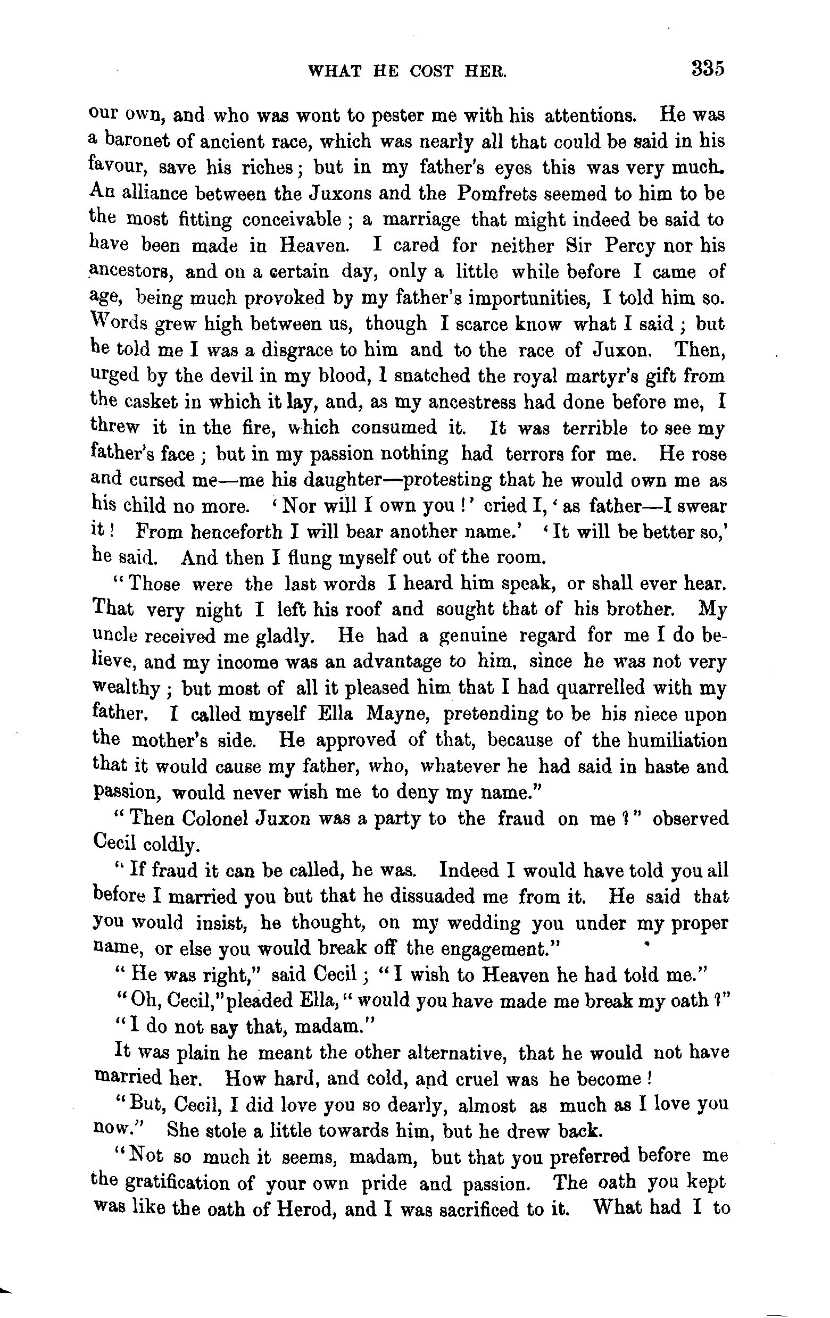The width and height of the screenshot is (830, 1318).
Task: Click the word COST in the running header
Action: tap(432, 71)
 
